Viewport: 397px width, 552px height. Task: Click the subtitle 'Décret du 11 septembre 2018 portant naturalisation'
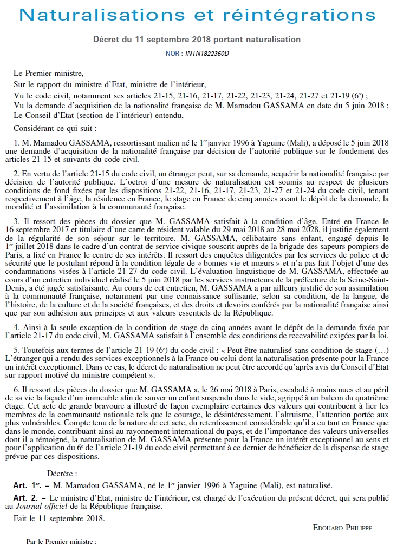point(197,40)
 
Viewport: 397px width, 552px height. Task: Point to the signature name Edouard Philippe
point(342,527)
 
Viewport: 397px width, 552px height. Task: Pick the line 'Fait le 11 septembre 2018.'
point(60,518)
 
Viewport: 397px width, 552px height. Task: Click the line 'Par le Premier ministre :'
point(61,541)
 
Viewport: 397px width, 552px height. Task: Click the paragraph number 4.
point(16,328)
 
